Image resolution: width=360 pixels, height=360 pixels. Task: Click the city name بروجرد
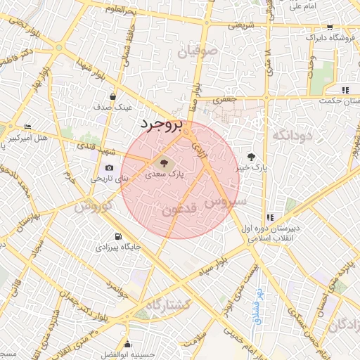point(160,124)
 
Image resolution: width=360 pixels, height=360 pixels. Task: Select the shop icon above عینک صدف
point(113,96)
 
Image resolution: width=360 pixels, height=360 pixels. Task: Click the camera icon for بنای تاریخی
point(109,167)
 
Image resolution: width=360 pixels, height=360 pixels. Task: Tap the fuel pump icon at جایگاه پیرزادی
point(117,236)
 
